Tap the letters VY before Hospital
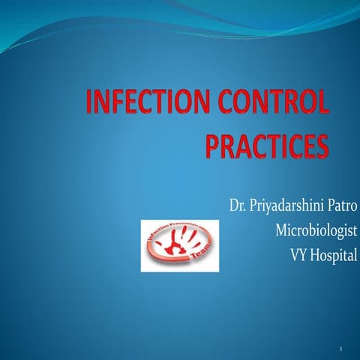pyautogui.click(x=298, y=253)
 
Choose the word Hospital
pyautogui.click(x=331, y=253)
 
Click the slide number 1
pyautogui.click(x=340, y=349)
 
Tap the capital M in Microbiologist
pyautogui.click(x=262, y=229)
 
